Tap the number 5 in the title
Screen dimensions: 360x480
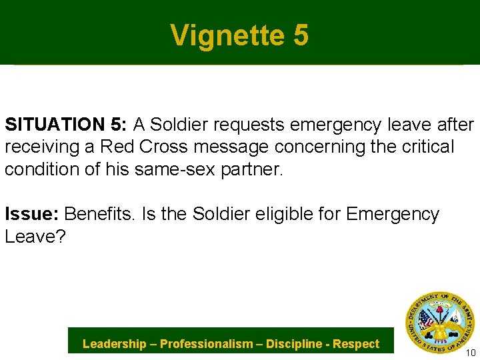(300, 35)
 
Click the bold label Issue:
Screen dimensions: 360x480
(33, 214)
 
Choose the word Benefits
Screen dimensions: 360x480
(97, 214)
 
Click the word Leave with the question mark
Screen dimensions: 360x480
(35, 237)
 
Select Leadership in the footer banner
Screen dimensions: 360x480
(114, 344)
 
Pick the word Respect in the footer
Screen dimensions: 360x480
(356, 344)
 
